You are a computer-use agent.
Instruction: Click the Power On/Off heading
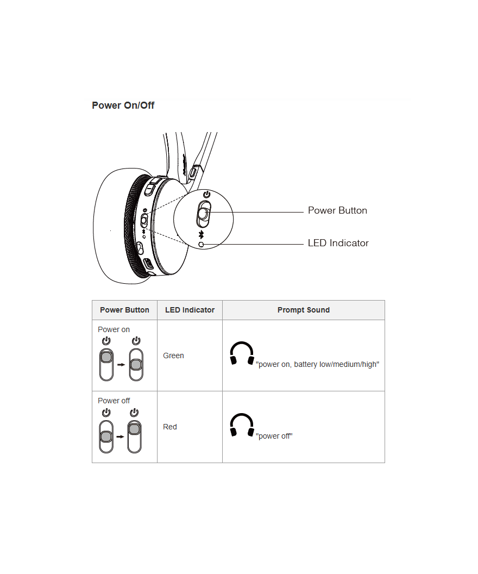123,105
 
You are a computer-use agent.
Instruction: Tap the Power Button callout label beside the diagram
337,210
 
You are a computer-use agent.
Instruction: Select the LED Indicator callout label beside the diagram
338,243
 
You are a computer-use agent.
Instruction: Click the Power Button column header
124,310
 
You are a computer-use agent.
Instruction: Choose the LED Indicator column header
190,310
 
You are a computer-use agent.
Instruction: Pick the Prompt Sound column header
304,310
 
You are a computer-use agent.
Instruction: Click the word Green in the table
173,355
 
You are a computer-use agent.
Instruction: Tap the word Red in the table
169,427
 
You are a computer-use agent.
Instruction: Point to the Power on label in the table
114,329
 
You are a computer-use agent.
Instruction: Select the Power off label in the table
114,401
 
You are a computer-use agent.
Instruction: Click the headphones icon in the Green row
242,353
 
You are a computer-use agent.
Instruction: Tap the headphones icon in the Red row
242,425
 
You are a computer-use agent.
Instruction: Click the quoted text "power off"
274,436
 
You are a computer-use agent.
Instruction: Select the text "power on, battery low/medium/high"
317,364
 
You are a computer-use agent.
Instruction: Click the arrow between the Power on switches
121,365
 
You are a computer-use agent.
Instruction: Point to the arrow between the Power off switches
121,436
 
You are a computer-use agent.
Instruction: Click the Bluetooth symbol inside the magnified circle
201,235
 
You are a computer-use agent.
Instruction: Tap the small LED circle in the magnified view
201,244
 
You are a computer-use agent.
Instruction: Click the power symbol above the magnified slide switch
206,194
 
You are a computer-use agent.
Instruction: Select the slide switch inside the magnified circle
204,214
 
